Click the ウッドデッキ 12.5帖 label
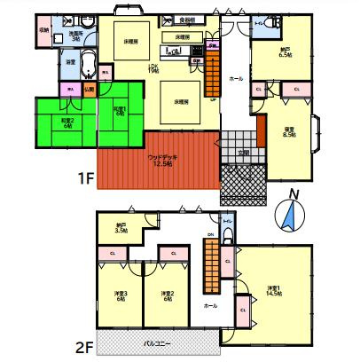(161, 160)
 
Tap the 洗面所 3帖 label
(75, 36)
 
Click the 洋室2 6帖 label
(165, 296)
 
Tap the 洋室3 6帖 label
(121, 296)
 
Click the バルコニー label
(157, 341)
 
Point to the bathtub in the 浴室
(89, 64)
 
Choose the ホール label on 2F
(210, 305)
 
